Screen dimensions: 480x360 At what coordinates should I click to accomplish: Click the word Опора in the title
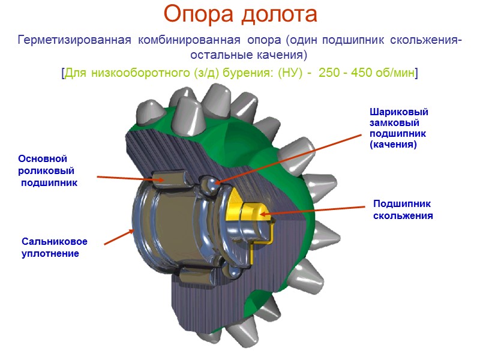pyautogui.click(x=199, y=14)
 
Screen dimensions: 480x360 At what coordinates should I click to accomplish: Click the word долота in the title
pyautogui.click(x=277, y=14)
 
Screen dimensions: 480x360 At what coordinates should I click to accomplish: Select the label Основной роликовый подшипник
pyautogui.click(x=49, y=170)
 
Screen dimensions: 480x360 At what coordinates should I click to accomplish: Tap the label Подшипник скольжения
pyautogui.click(x=403, y=209)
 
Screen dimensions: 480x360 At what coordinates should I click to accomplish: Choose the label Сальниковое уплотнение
pyautogui.click(x=54, y=247)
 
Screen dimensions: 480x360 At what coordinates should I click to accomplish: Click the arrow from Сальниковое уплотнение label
pyautogui.click(x=119, y=237)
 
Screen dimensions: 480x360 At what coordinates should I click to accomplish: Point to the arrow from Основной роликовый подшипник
pyautogui.click(x=125, y=178)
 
